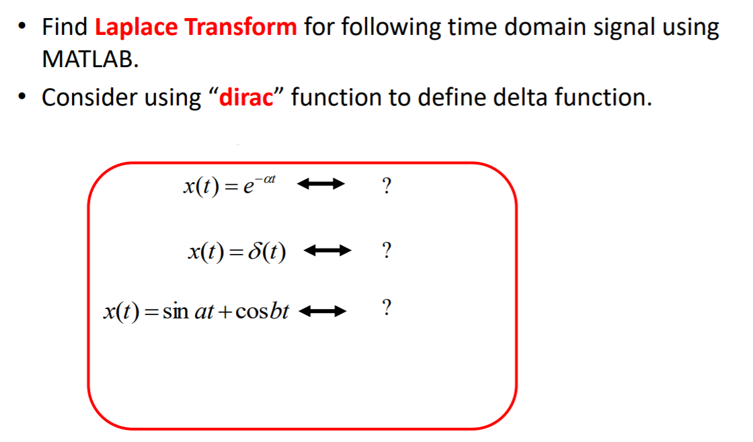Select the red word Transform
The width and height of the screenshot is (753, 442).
pos(240,28)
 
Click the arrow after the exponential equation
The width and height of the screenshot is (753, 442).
pos(321,183)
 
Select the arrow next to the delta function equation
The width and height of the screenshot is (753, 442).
pos(327,253)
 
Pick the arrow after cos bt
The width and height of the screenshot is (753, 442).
pos(321,311)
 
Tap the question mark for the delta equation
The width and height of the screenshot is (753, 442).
pos(386,251)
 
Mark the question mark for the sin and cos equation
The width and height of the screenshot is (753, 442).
pos(386,308)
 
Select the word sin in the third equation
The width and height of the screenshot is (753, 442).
pos(173,312)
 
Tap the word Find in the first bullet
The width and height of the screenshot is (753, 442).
pos(65,28)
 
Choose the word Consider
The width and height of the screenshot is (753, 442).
pos(87,98)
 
